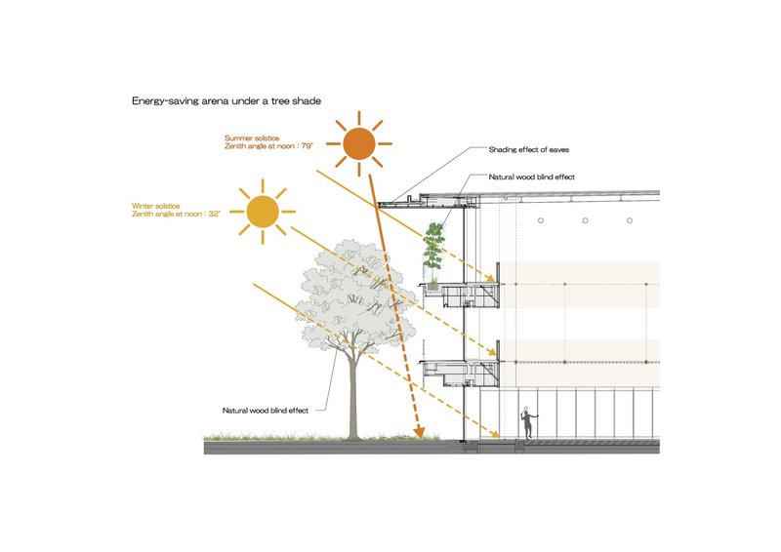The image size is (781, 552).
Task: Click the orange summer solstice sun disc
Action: point(358,145)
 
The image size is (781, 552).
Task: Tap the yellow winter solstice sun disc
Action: point(262,211)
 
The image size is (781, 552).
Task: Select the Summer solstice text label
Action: point(251,138)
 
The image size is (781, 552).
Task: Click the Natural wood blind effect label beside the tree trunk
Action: point(266,411)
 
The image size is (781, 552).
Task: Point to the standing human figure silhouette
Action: point(527,422)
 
